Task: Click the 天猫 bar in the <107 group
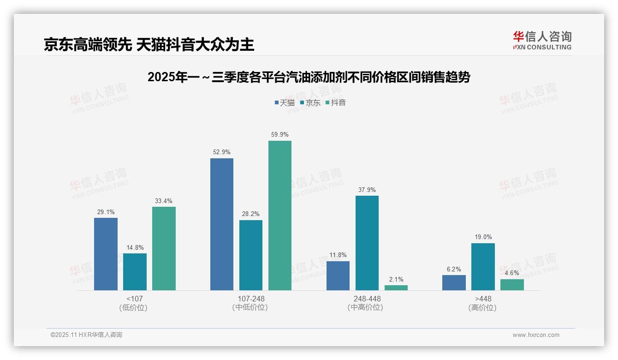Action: [106, 254]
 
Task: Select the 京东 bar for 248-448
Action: [367, 243]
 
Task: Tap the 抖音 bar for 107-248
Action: [280, 216]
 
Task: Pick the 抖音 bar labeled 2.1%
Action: [396, 288]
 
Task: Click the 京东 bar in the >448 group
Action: [483, 267]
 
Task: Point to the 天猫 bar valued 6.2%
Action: [454, 282]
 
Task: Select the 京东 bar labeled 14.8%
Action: [135, 272]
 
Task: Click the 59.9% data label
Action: [280, 135]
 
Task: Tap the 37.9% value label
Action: [367, 190]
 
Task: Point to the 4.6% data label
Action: [512, 273]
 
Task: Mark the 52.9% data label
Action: [222, 152]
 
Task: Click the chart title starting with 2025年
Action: [309, 77]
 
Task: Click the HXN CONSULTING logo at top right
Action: [542, 41]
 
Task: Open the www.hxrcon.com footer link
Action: [536, 335]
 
